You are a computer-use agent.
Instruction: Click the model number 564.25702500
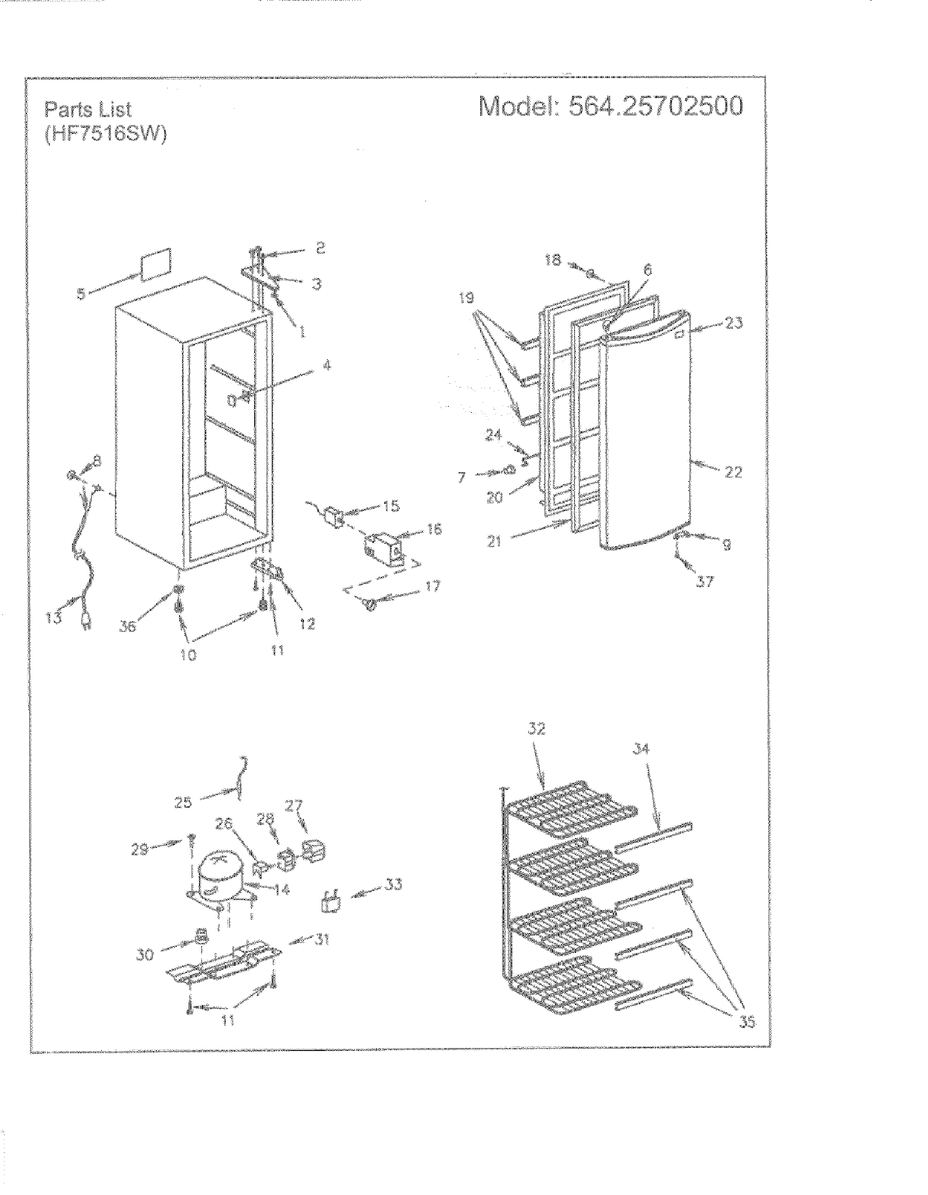click(653, 106)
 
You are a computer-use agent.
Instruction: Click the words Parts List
click(87, 110)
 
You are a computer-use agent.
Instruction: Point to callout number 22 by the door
click(733, 473)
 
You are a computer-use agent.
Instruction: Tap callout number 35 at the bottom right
click(747, 1021)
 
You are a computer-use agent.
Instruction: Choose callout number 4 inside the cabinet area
click(327, 365)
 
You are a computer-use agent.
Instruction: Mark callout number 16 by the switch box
click(434, 529)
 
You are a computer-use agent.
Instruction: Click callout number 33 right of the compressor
click(393, 885)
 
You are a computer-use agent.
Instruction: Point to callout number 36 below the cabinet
click(127, 625)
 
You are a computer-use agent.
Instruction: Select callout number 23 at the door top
click(734, 323)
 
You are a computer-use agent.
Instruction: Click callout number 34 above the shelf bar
click(641, 748)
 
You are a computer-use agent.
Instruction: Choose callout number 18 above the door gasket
click(554, 260)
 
